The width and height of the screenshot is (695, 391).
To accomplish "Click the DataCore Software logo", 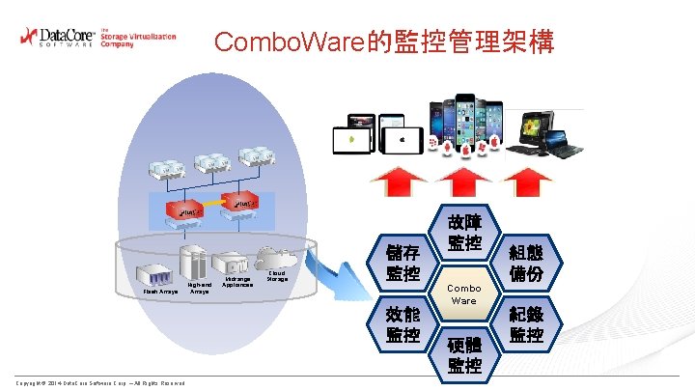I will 97,38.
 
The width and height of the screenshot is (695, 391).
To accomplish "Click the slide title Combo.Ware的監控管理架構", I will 384,42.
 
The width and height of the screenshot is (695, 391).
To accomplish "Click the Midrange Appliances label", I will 236,282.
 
